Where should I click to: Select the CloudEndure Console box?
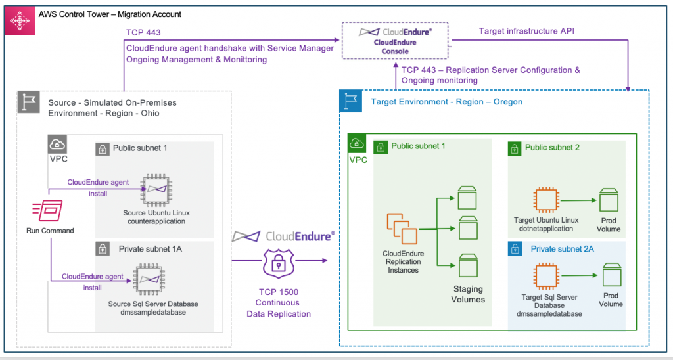pyautogui.click(x=395, y=39)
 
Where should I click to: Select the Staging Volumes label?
pyautogui.click(x=468, y=294)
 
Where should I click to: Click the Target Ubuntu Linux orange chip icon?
pyautogui.click(x=545, y=198)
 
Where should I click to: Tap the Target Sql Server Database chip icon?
pyautogui.click(x=545, y=275)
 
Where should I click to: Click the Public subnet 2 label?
pyautogui.click(x=552, y=147)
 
